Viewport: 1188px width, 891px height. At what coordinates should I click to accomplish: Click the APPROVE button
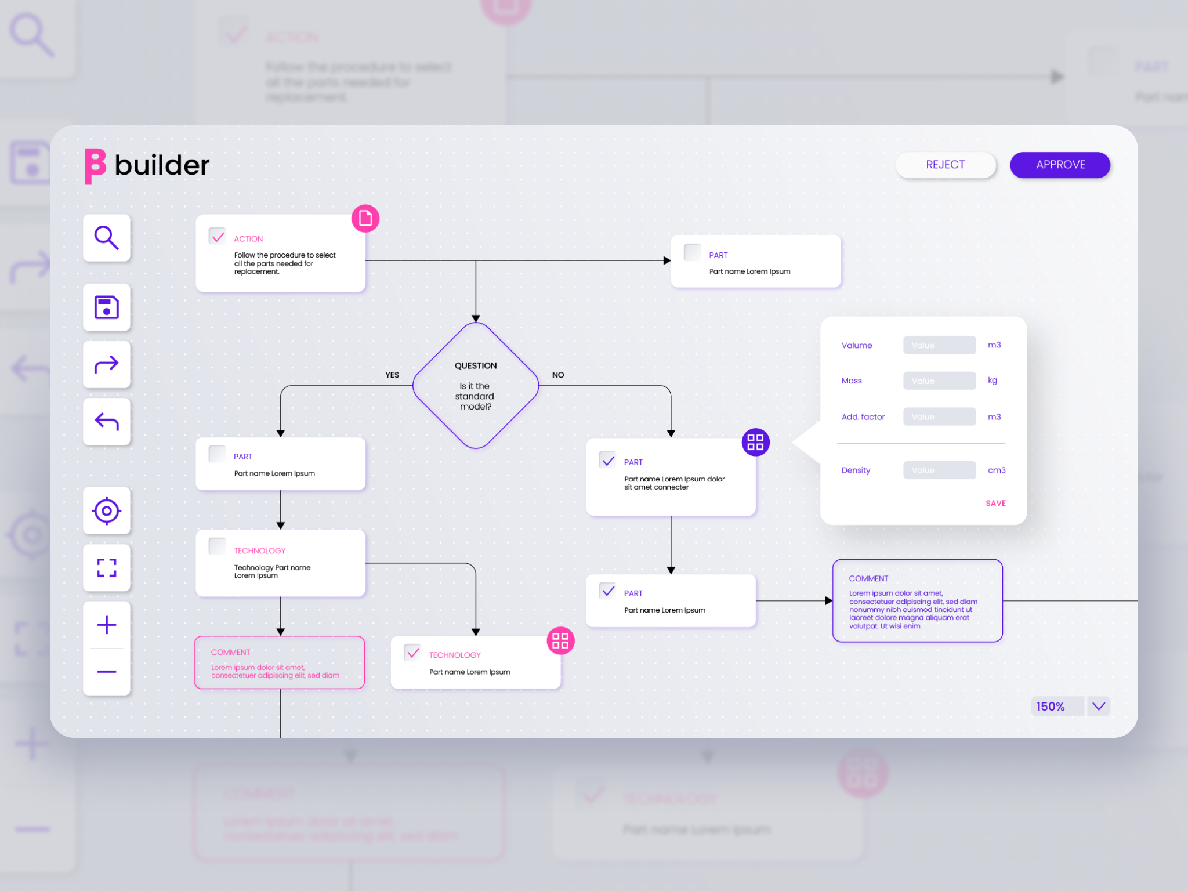[x=1060, y=165]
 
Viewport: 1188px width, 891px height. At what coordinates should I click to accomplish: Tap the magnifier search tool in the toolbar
[x=107, y=238]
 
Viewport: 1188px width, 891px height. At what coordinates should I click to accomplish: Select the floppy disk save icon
[x=107, y=307]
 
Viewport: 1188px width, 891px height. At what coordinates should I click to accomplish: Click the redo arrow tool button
[x=107, y=365]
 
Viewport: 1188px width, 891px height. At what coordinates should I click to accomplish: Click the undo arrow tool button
[x=107, y=422]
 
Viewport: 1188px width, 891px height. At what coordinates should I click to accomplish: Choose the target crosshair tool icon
[x=107, y=511]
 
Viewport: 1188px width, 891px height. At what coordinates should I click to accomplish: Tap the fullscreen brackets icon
[x=107, y=568]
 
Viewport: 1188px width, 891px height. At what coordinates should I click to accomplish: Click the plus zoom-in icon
[x=107, y=625]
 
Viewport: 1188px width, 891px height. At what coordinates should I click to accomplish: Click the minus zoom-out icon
[x=107, y=672]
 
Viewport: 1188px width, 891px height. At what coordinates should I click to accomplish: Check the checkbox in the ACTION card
[x=218, y=237]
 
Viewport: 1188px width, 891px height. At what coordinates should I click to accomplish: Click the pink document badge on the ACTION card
[x=365, y=219]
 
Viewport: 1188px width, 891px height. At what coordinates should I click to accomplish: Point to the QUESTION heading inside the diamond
[x=476, y=366]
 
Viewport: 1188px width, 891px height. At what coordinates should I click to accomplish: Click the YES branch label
[x=392, y=375]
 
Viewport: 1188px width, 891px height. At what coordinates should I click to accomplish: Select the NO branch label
[x=558, y=375]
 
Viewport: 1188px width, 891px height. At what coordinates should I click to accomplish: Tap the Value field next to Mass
[x=939, y=381]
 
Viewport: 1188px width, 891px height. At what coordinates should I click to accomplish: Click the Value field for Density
[x=939, y=470]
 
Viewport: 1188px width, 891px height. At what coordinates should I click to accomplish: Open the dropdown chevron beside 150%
[x=1099, y=707]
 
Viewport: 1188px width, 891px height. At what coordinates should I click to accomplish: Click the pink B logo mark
[x=95, y=166]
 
